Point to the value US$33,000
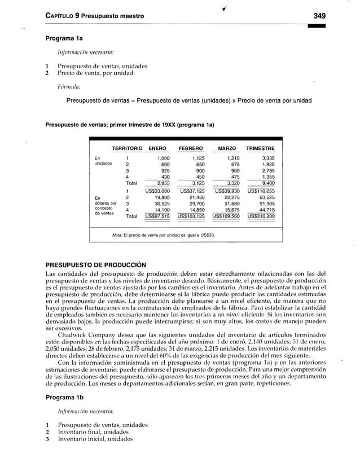tap(158, 191)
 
